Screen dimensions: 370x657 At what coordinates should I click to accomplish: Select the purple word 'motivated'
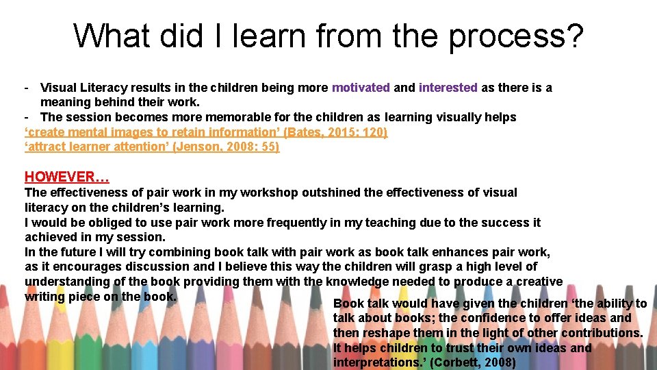tap(361, 88)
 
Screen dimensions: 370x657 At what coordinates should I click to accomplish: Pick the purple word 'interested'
tap(448, 88)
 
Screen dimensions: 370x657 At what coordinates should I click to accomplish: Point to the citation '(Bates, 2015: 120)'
tap(335, 132)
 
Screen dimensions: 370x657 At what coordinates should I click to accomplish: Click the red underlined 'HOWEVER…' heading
tap(67, 177)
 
